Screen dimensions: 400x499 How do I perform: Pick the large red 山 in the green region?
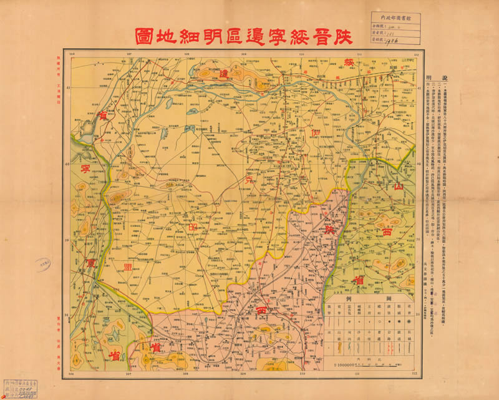397,186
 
